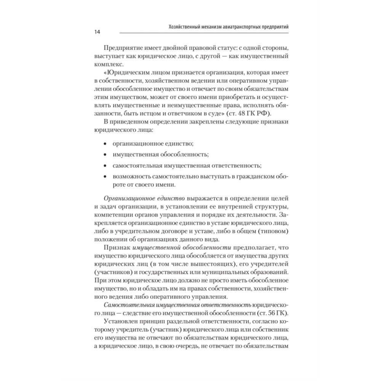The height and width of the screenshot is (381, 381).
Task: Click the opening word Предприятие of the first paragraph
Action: click(x=121, y=49)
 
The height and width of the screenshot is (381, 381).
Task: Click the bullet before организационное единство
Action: click(x=106, y=144)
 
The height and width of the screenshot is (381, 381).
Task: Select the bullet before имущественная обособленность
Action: click(x=106, y=155)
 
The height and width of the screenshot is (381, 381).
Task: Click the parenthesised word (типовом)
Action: click(x=273, y=231)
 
